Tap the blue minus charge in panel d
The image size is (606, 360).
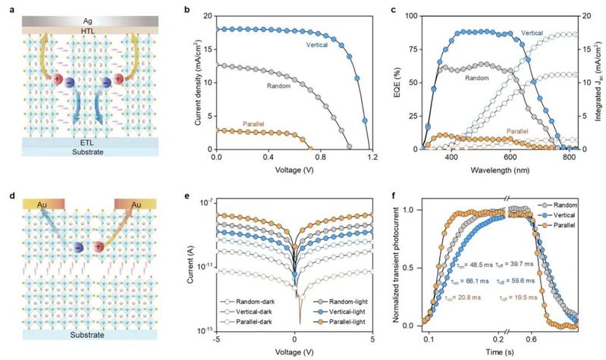click(78, 247)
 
